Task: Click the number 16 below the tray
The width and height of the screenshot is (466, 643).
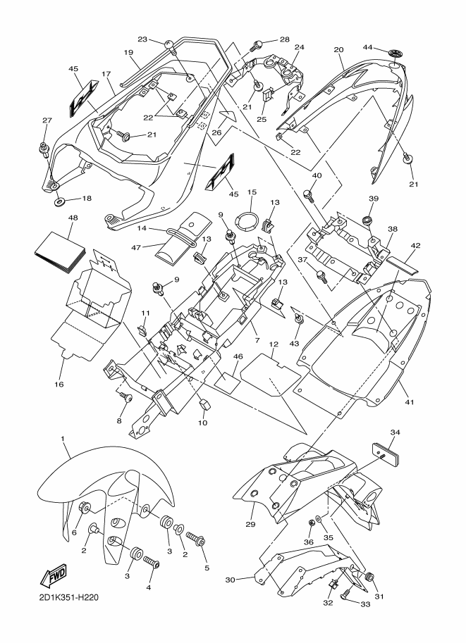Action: pyautogui.click(x=59, y=385)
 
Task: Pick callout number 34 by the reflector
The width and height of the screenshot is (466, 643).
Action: pyautogui.click(x=395, y=432)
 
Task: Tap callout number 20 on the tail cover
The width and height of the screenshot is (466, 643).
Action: pyautogui.click(x=338, y=50)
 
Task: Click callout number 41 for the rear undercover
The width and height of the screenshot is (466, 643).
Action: pyautogui.click(x=410, y=402)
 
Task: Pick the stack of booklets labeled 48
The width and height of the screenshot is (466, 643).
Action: pyautogui.click(x=59, y=251)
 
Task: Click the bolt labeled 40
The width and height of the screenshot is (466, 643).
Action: pyautogui.click(x=308, y=191)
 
